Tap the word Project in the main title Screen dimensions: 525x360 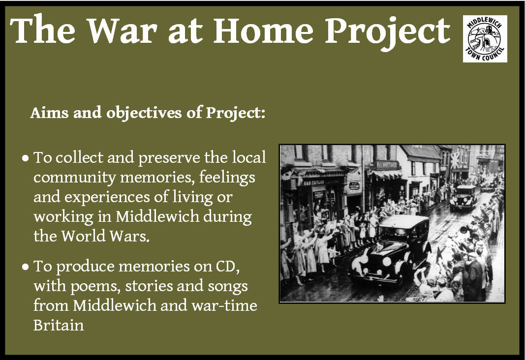pyautogui.click(x=388, y=32)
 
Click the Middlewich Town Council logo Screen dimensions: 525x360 pyautogui.click(x=485, y=39)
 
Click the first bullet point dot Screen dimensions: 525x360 pyautogui.click(x=26, y=158)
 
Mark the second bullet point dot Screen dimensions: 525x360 pyautogui.click(x=26, y=267)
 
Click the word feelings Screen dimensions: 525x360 pyautogui.click(x=227, y=178)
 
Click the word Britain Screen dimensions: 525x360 pyautogui.click(x=59, y=325)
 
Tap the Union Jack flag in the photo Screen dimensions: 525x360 pyautogui.click(x=455, y=160)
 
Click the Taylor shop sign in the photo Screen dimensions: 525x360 pyautogui.click(x=314, y=182)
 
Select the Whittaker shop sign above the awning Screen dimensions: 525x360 pyautogui.click(x=387, y=165)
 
